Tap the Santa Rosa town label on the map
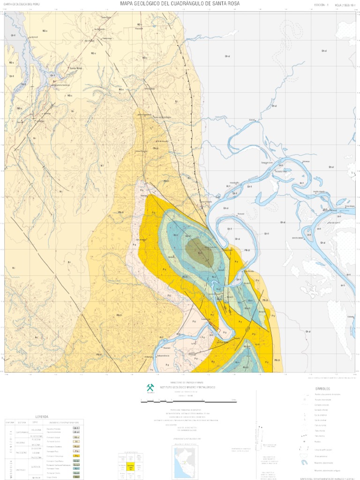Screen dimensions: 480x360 pyautogui.click(x=75, y=68)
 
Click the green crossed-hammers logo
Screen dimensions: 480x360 pyautogui.click(x=150, y=387)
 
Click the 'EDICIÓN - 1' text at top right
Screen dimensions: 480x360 pyautogui.click(x=322, y=5)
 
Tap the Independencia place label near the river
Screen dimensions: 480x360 pyautogui.click(x=164, y=356)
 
